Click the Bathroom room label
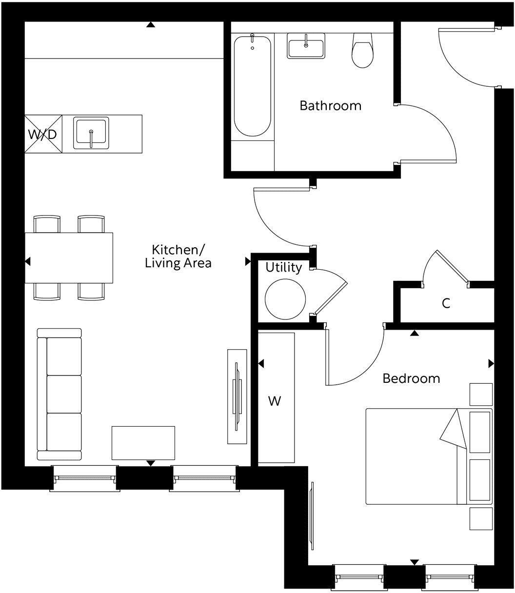tap(330, 105)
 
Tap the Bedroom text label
tap(411, 378)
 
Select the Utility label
tap(283, 268)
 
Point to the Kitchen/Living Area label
tap(178, 256)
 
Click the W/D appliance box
tap(43, 134)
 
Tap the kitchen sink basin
tap(91, 133)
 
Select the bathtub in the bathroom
tap(252, 85)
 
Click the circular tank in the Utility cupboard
tap(285, 298)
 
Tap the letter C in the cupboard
tap(446, 303)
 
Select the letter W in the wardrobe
tap(275, 401)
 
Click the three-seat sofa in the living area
tap(60, 394)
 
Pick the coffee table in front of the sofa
tap(143, 443)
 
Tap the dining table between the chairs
tap(69, 257)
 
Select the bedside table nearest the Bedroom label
tap(481, 394)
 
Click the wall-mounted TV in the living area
tap(237, 396)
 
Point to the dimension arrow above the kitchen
tap(151, 24)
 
